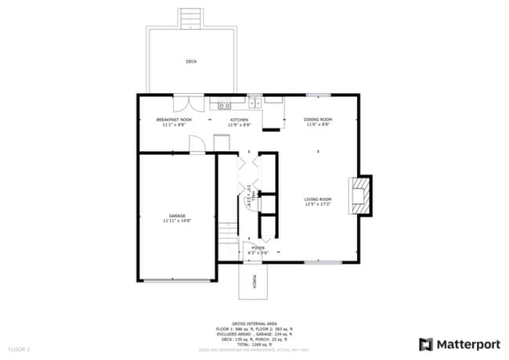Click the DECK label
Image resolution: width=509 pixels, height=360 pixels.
tap(191, 61)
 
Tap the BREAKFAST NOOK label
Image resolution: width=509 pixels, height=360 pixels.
tap(174, 120)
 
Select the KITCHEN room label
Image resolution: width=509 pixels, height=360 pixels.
tap(239, 120)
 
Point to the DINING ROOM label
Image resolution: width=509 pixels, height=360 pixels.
tap(317, 120)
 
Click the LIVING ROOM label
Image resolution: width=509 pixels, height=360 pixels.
tap(318, 199)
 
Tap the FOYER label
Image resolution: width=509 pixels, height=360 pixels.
tap(258, 247)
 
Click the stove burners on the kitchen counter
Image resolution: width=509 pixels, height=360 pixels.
tap(224, 104)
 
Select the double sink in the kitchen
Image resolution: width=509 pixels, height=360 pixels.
tap(254, 102)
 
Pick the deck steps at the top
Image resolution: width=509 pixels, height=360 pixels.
tap(189, 17)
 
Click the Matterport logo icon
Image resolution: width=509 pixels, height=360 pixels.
tap(426, 344)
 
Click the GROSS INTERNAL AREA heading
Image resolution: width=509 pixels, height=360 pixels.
tap(254, 322)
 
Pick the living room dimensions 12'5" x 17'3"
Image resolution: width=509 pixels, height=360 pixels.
tap(318, 204)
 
